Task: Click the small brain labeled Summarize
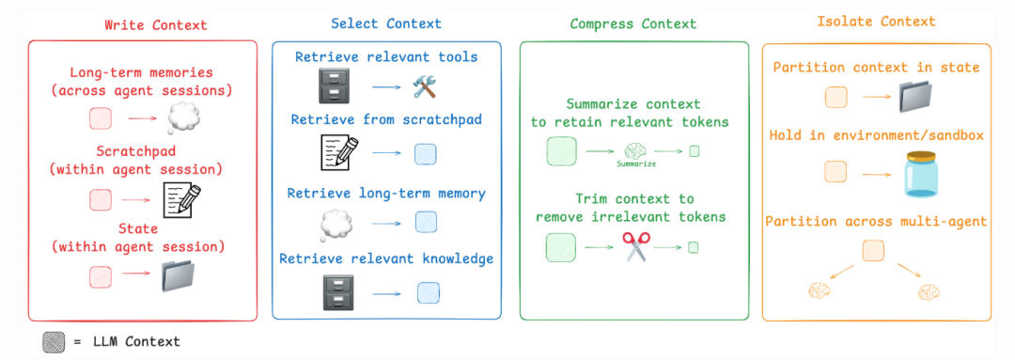[635, 149]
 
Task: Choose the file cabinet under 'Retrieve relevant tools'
[335, 88]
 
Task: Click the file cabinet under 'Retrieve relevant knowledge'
[335, 292]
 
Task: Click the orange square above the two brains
[873, 249]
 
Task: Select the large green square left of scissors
[561, 247]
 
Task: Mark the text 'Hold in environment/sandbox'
[876, 135]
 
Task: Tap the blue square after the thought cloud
[428, 223]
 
